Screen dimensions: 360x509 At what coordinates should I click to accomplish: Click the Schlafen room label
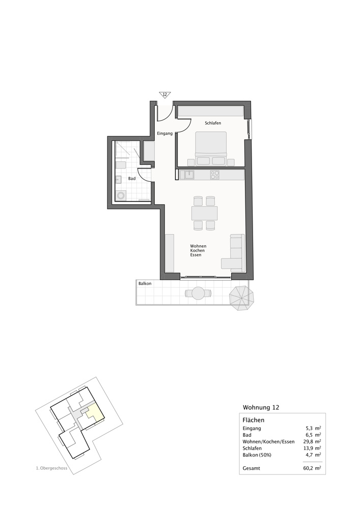coord(213,123)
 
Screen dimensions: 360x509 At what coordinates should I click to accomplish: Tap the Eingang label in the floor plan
coord(164,133)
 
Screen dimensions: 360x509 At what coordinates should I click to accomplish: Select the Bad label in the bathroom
coord(132,179)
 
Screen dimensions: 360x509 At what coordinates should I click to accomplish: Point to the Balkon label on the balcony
coord(145,284)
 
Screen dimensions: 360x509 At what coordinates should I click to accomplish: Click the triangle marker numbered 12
coord(164,95)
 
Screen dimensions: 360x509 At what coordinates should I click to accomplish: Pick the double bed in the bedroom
coord(211,148)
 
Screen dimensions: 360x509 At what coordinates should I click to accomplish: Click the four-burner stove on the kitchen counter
coord(214,175)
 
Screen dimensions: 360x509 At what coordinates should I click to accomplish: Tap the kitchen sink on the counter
coord(189,175)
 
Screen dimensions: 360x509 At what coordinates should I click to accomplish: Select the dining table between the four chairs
coord(205,213)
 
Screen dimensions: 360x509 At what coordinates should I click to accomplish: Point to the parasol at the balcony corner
coord(241,298)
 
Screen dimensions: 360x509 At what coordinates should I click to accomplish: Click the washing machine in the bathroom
coord(121,196)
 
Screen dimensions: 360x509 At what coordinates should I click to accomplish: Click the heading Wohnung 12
coord(261,407)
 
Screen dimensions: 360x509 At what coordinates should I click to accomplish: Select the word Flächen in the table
coord(253,420)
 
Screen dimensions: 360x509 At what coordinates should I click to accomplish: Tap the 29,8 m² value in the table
coord(311,441)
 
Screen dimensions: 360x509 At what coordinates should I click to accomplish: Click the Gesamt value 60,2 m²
coord(311,468)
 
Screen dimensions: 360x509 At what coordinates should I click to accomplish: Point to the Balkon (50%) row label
coord(257,455)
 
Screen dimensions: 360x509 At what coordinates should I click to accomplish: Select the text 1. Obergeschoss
coord(51,468)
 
